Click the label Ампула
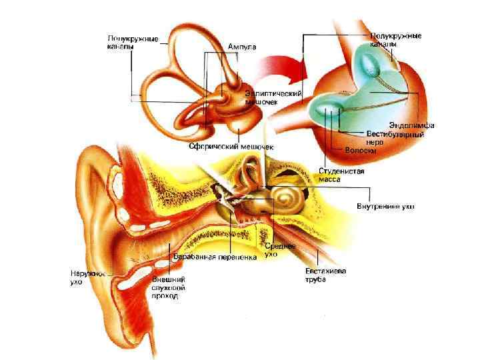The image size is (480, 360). pyautogui.click(x=242, y=46)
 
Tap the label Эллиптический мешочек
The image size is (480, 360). pyautogui.click(x=274, y=98)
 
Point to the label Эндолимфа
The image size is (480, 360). pyautogui.click(x=412, y=126)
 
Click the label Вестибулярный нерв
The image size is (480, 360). pyautogui.click(x=395, y=138)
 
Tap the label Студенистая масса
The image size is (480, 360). pyautogui.click(x=341, y=175)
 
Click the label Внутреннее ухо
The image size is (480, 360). pyautogui.click(x=385, y=206)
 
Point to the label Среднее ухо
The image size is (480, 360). pyautogui.click(x=279, y=250)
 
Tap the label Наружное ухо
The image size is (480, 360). pyautogui.click(x=86, y=277)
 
